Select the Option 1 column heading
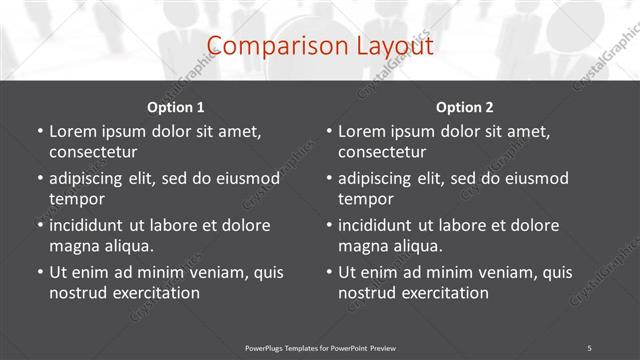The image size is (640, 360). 176,107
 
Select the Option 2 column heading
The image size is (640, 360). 465,107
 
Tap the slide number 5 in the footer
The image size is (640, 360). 590,347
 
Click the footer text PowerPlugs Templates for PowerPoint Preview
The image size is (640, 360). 320,347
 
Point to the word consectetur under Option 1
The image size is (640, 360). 93,152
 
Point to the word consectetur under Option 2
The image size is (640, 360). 382,152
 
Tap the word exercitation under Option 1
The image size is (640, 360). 155,293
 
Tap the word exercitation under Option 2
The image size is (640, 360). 444,293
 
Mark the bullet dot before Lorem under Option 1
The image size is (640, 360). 39,131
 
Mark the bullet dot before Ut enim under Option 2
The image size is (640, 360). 328,272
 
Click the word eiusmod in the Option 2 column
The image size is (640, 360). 534,178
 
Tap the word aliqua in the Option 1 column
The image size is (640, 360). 127,246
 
